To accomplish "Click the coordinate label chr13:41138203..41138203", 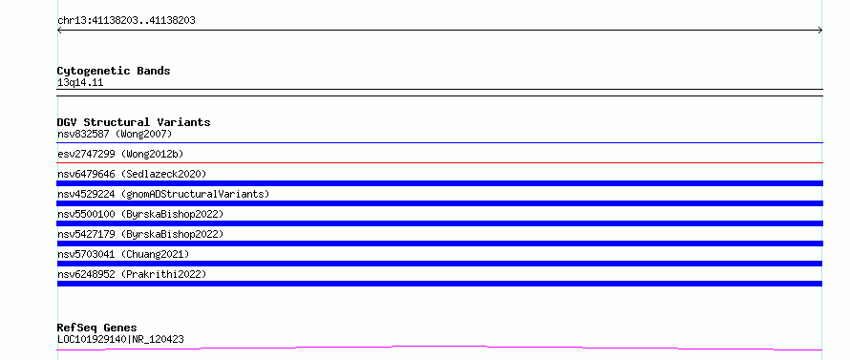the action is [126, 21].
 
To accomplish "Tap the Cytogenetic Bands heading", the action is [114, 71].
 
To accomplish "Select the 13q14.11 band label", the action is [80, 83].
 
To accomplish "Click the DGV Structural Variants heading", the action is [134, 122].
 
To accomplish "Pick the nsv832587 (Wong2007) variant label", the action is [115, 134].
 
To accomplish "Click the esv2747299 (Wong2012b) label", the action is [120, 154].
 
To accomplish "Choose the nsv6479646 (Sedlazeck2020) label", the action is [132, 174].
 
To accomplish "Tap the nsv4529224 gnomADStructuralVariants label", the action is [163, 194].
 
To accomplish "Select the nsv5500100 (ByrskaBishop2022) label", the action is [140, 214].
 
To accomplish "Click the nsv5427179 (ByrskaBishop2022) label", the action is [140, 234].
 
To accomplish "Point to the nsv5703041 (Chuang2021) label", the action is [123, 254].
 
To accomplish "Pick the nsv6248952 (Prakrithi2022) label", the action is [132, 274].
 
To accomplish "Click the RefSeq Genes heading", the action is [97, 328].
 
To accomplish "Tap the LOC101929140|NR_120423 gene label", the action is [120, 340].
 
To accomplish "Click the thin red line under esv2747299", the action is [439, 162].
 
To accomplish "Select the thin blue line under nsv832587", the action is [439, 142].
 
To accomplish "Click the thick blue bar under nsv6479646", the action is [439, 183].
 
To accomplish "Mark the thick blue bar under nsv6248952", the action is [439, 284].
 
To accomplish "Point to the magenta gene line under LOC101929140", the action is [439, 347].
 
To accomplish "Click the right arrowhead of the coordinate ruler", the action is [821, 31].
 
